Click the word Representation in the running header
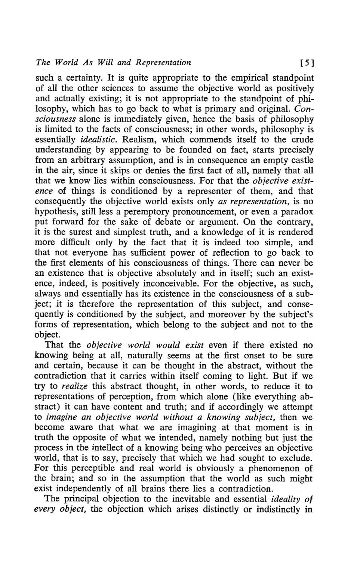(x=163, y=62)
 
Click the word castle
(x=301, y=160)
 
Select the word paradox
(x=298, y=212)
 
